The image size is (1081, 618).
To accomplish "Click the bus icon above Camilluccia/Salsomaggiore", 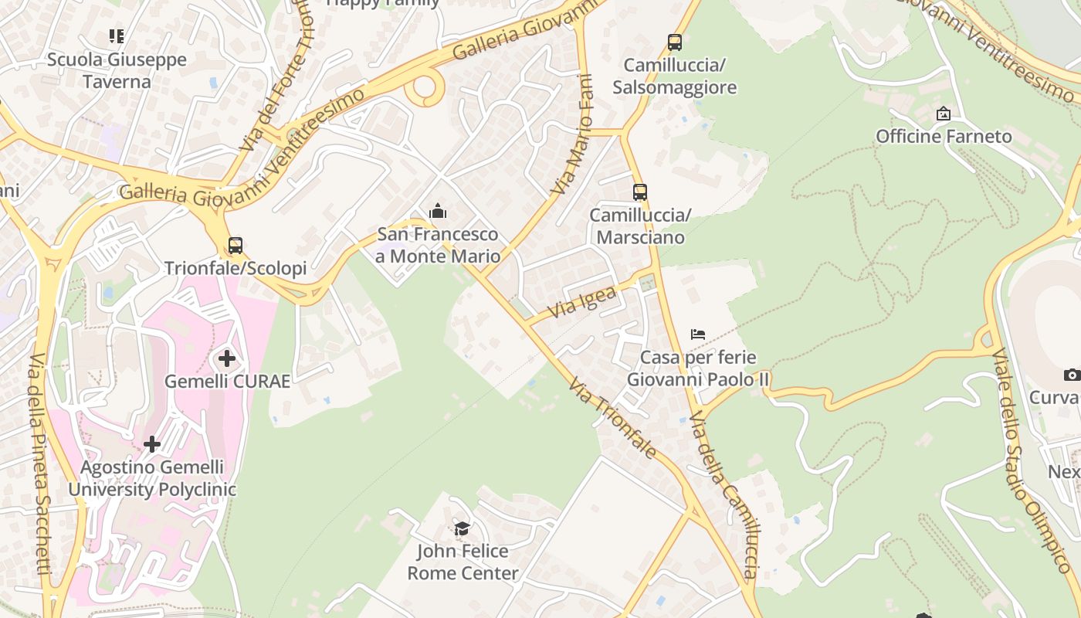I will tap(674, 42).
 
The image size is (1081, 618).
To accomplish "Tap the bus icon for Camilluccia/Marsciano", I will tap(639, 192).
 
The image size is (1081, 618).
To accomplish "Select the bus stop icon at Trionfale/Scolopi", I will tap(236, 246).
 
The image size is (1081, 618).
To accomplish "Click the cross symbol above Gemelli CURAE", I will tap(227, 358).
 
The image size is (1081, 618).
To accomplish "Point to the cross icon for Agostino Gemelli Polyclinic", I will tap(152, 444).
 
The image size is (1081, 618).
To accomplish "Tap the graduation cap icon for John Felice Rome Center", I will tap(462, 528).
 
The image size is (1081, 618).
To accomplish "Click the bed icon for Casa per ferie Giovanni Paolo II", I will tap(698, 334).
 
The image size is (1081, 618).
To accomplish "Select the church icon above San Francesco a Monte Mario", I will tap(438, 211).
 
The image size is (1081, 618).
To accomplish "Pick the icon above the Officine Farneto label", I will tap(943, 114).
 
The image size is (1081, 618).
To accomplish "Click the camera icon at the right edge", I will tap(1071, 375).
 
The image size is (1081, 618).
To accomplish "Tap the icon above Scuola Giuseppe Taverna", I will tap(117, 36).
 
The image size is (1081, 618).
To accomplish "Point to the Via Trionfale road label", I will tap(613, 418).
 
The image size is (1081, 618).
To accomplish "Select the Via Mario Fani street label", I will tap(573, 135).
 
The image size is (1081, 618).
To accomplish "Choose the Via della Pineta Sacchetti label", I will tap(39, 463).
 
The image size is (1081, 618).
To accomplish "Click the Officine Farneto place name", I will tap(943, 137).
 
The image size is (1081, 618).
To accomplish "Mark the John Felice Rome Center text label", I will tap(463, 562).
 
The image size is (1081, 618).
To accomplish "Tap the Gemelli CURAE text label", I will tap(227, 381).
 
